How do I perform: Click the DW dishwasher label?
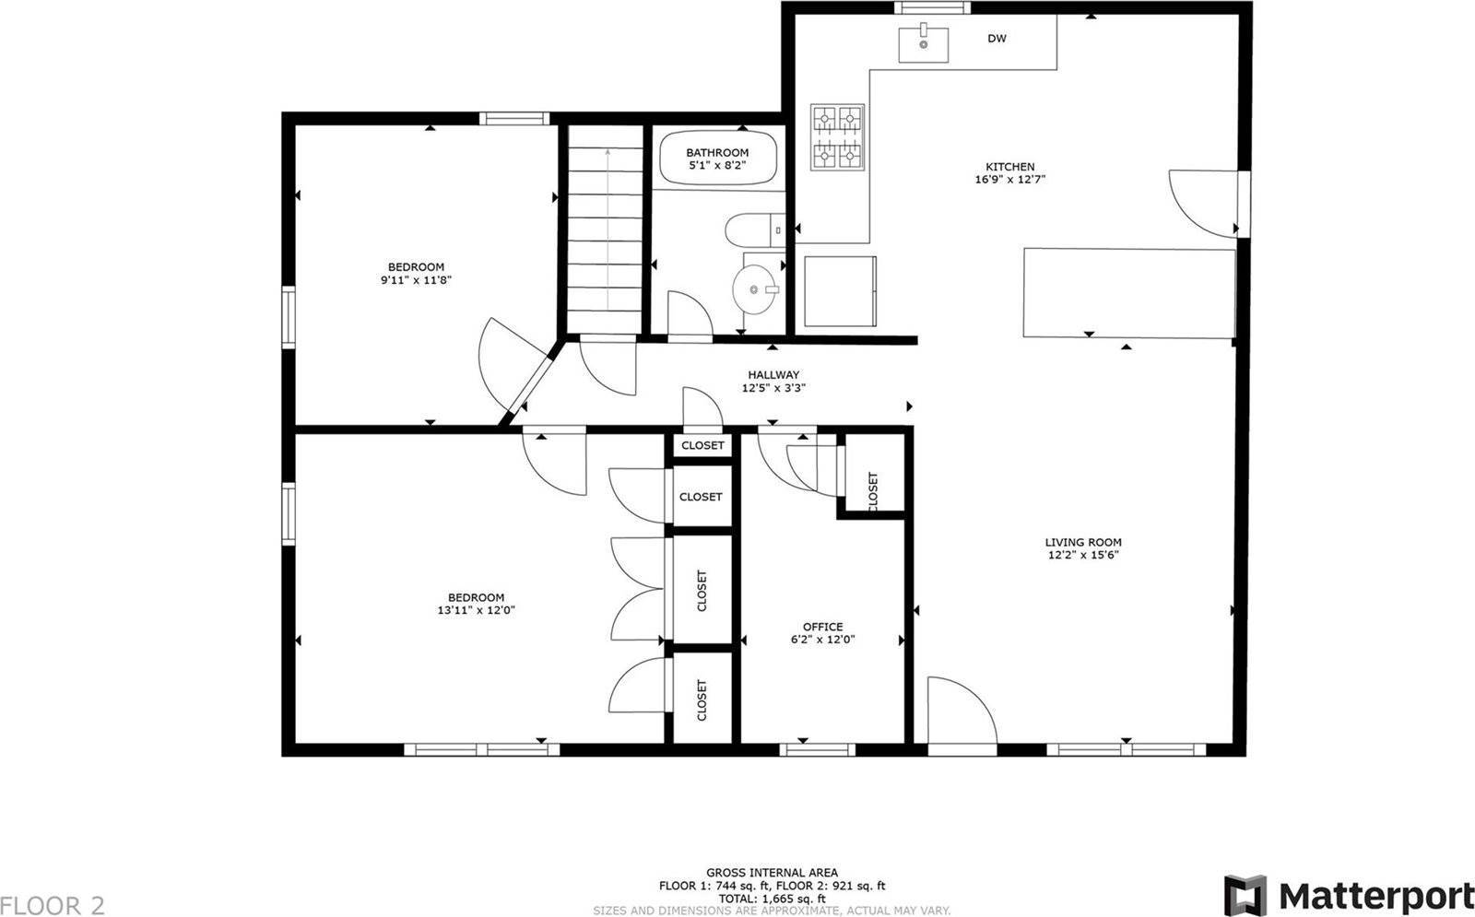997,39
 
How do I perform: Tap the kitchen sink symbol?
923,44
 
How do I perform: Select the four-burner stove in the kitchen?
837,137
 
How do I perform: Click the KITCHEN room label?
1010,167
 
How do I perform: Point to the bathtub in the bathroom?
718,159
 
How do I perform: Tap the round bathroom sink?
756,289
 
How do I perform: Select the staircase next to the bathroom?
604,230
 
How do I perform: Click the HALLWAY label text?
773,375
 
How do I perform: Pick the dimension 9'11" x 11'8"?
416,280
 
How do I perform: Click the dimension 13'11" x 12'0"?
476,610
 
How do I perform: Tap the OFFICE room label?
822,627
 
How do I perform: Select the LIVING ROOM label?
1083,543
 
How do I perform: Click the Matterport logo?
1349,895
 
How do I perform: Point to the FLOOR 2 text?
53,904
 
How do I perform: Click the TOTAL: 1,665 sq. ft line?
772,899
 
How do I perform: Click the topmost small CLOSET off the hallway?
703,446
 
